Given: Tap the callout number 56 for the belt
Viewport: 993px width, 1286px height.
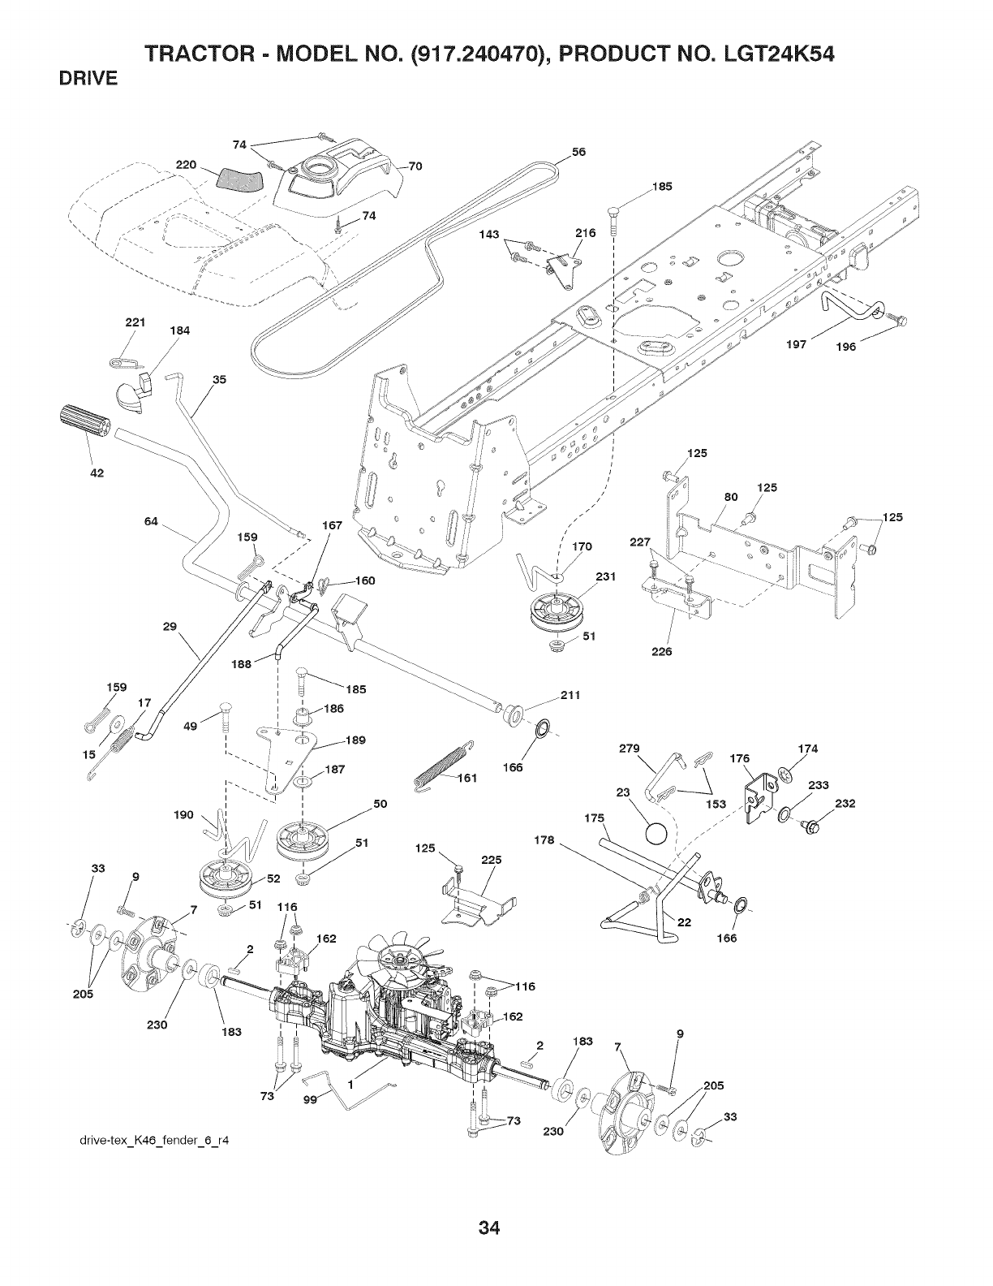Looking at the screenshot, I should [x=579, y=152].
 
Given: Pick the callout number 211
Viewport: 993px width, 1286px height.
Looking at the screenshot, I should [x=570, y=695].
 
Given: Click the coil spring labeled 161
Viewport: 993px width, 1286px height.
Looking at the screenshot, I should [x=443, y=764].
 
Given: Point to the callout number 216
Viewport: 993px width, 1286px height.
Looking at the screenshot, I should [x=586, y=233].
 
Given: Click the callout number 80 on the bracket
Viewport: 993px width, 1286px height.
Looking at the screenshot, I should [x=730, y=498].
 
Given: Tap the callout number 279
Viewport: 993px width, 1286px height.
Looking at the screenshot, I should [x=629, y=747].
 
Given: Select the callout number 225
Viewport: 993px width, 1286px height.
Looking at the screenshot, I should [x=492, y=860].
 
